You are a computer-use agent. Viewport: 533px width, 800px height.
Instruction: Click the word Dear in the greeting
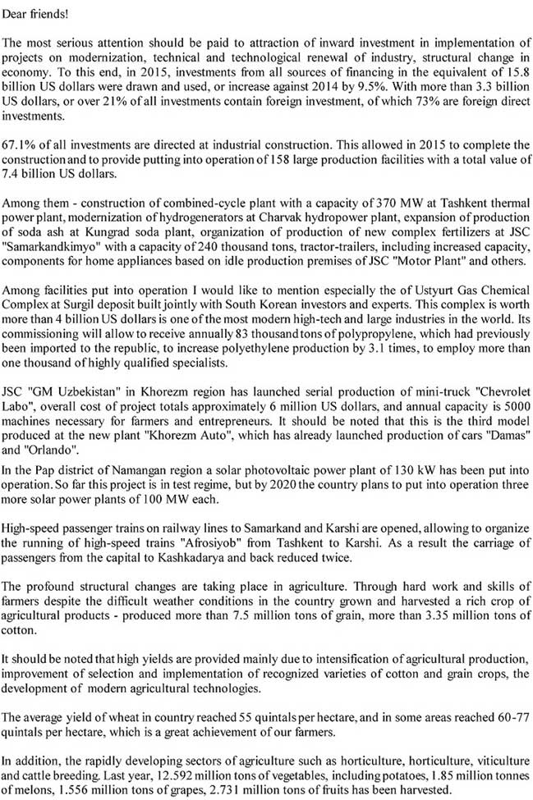[16, 15]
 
